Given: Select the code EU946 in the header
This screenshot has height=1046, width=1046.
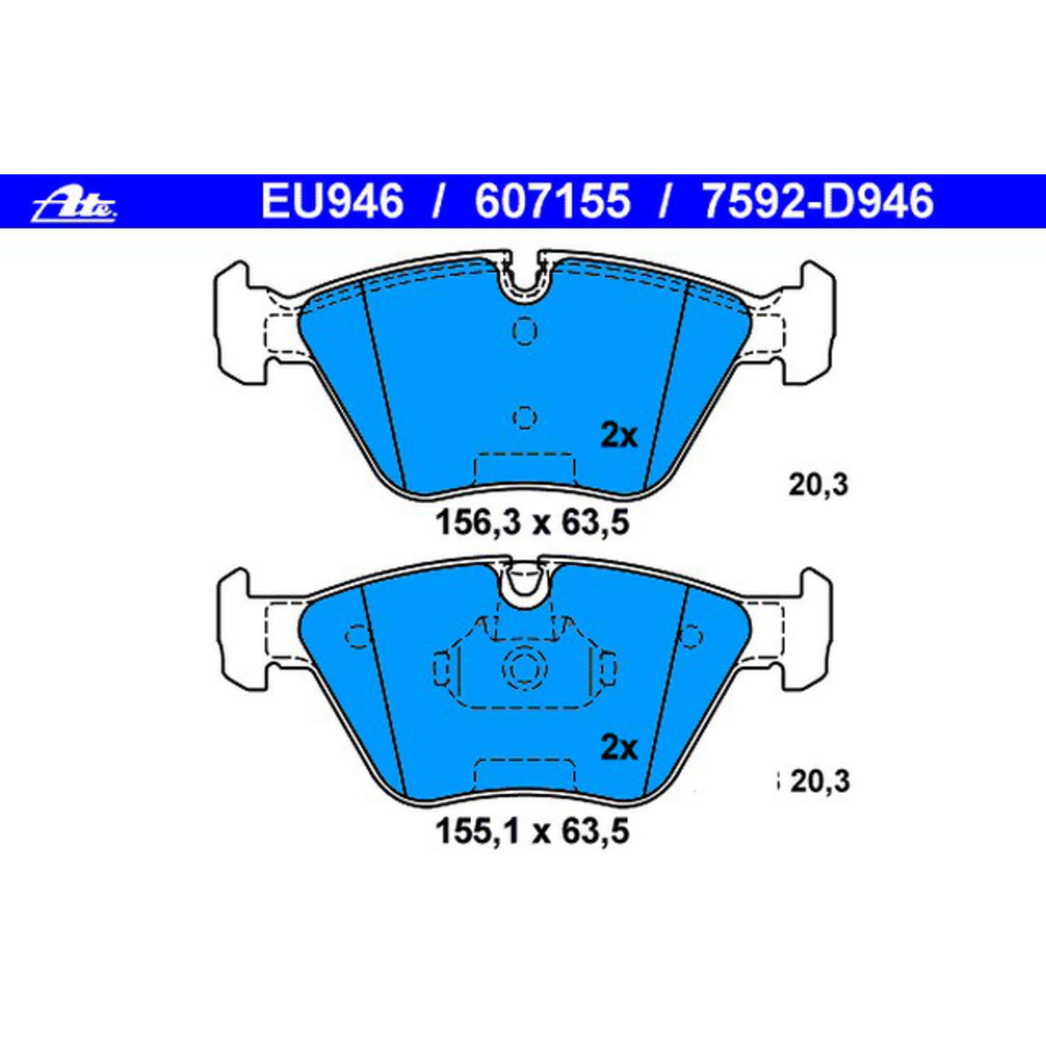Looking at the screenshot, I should [332, 202].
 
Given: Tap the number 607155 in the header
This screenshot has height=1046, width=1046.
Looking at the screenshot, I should [552, 202].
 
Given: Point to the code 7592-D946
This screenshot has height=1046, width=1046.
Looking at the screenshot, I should [817, 202].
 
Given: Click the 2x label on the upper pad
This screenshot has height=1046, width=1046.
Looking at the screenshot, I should [619, 436].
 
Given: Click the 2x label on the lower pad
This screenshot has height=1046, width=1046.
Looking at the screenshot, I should [619, 748].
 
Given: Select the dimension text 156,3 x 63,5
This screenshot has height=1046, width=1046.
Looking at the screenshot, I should [533, 522].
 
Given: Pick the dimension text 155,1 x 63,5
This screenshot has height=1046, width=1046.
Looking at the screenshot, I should [533, 831].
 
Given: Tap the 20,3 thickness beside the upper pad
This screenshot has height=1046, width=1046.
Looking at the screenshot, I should [819, 485].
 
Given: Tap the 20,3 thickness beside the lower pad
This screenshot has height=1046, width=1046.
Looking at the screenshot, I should [820, 782].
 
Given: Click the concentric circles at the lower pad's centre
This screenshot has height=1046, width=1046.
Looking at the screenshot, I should [524, 668].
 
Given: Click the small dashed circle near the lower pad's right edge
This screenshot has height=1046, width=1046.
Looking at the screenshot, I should [691, 636].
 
